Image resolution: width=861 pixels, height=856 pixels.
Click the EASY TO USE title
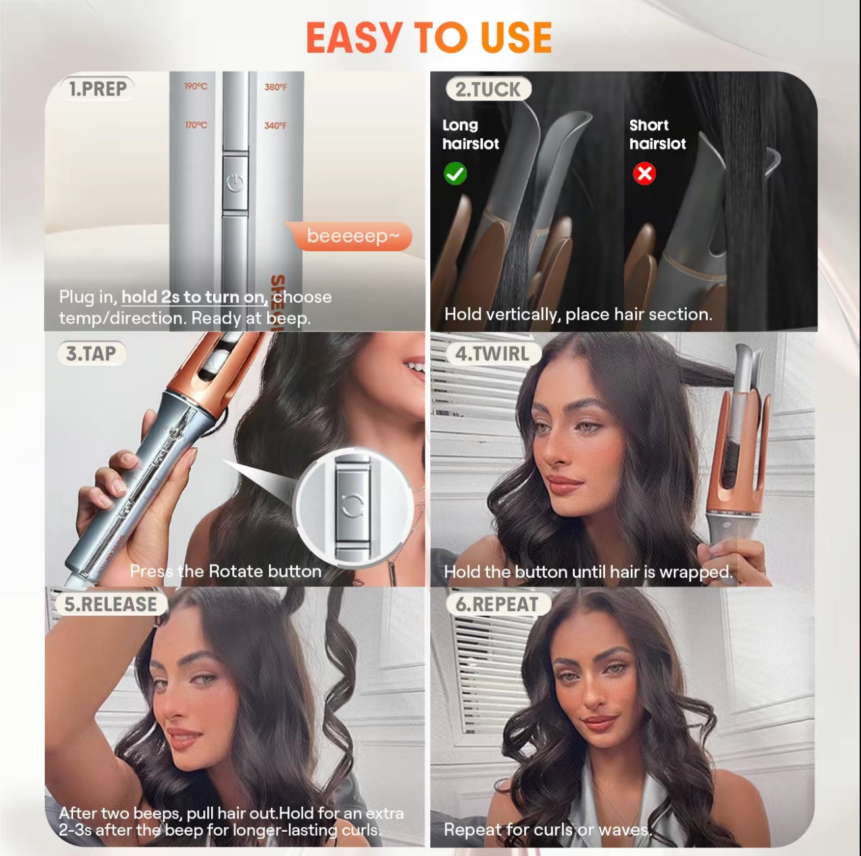coord(429,38)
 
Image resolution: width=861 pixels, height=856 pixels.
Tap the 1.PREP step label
coord(97,89)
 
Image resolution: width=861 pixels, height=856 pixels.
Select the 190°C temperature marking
coord(195,87)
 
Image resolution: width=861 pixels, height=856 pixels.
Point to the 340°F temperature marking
coord(275,126)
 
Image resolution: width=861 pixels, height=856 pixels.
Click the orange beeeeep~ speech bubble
coord(353,236)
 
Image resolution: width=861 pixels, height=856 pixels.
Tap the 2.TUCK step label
coord(487,89)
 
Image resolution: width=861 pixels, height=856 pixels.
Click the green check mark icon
coord(455,174)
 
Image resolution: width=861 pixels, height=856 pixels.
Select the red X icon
coord(644,174)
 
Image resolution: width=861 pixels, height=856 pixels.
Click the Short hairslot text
coord(657,134)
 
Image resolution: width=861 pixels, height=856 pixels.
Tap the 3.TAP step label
coord(91,354)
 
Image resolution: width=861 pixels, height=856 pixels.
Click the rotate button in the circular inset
coord(353,505)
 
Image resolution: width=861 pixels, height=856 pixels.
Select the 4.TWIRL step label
coord(492,354)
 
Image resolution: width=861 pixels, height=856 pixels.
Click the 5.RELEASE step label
coord(110,605)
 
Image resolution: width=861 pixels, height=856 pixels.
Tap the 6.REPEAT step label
coord(497,605)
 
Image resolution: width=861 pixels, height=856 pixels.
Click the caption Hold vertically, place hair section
coord(578,315)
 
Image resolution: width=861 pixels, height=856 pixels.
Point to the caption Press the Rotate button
coord(226,571)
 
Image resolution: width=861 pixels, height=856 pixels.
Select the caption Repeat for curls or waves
coord(547,830)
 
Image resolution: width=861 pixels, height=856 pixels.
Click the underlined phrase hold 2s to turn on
coord(195,297)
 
